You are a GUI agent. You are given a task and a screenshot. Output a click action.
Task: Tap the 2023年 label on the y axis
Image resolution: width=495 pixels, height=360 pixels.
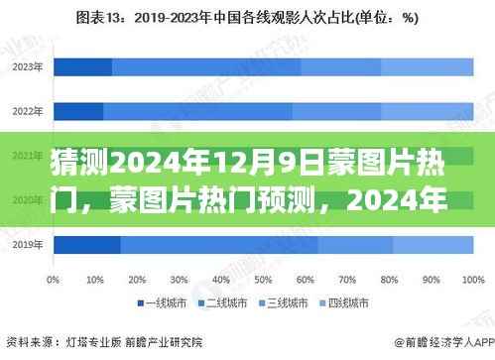point(28,66)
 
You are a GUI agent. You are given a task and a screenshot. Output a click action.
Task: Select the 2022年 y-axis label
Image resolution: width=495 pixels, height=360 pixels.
point(28,110)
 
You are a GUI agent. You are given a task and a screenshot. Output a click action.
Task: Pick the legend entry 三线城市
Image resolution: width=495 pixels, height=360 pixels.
point(287,301)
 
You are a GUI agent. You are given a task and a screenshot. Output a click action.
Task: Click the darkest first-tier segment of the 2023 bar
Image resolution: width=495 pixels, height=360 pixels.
point(82,66)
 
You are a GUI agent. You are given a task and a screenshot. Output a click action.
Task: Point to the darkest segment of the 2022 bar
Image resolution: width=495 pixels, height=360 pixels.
point(78,110)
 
